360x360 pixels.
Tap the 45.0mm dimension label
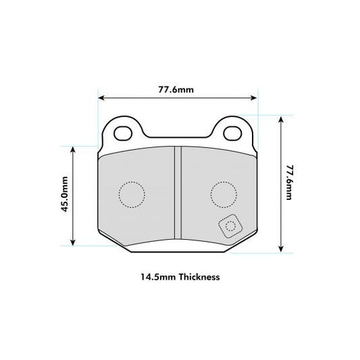(x=65, y=195)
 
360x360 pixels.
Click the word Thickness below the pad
(x=199, y=277)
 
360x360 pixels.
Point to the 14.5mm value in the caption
(x=155, y=277)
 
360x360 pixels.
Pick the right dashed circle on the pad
(x=224, y=195)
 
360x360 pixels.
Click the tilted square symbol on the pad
(x=230, y=226)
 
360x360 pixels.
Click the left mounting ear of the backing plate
(x=123, y=131)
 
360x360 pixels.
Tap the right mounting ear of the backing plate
(x=233, y=131)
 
